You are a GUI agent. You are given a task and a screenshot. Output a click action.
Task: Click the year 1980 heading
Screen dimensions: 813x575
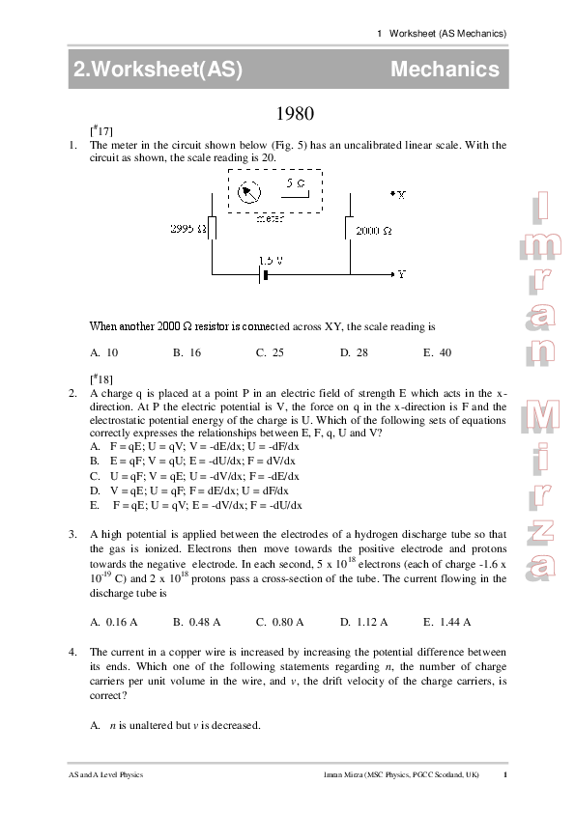coord(296,113)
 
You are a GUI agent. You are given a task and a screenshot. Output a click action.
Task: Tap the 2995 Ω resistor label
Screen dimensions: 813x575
coord(189,229)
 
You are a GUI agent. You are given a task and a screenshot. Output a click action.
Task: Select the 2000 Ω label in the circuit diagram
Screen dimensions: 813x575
coord(373,232)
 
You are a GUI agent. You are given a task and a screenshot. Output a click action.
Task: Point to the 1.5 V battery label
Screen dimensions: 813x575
coord(271,261)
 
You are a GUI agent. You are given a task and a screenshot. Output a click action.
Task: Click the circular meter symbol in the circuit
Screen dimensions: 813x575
coord(248,190)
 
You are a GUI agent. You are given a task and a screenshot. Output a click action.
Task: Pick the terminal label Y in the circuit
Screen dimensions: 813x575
coord(401,274)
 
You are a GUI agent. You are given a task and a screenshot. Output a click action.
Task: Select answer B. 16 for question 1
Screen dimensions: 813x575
coord(187,353)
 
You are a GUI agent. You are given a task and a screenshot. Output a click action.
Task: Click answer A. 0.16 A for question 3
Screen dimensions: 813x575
coord(113,622)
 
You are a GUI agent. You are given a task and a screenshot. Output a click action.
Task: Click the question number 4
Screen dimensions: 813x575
coord(72,654)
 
